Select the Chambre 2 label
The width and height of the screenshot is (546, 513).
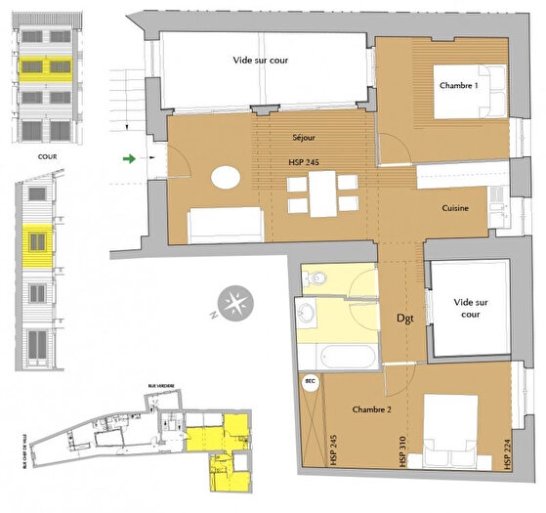[x=370, y=409]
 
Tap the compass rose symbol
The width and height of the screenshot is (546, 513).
[x=233, y=302]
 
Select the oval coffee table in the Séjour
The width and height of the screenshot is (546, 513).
[x=227, y=179]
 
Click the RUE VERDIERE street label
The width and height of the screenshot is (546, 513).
[x=162, y=386]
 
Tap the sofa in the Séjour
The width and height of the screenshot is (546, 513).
[x=224, y=226]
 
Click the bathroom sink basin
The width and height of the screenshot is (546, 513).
[x=308, y=315]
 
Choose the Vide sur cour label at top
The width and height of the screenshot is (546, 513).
[x=266, y=60]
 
